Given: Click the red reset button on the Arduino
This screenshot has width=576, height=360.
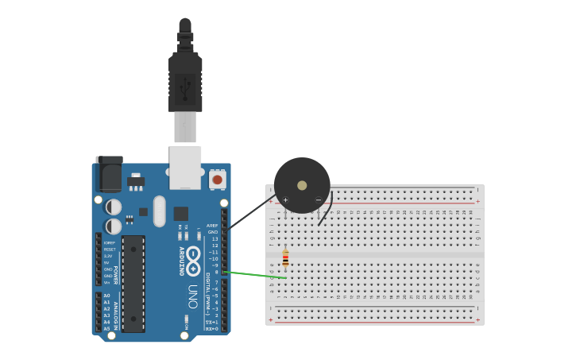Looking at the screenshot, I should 217,180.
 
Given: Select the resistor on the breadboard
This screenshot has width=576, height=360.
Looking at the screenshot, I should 285,258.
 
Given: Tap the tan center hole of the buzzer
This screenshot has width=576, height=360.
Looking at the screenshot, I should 302,185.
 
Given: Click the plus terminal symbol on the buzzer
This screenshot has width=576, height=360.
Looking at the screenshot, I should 285,199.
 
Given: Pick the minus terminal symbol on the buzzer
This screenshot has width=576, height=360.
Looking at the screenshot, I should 319,199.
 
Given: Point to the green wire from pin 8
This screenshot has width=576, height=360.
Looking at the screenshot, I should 256,275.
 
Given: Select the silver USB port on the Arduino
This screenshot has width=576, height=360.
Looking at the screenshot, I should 185,166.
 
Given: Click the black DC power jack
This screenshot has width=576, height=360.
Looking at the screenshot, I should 110,174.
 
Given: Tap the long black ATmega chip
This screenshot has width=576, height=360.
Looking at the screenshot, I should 133,283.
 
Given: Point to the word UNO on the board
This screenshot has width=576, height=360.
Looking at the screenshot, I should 193,296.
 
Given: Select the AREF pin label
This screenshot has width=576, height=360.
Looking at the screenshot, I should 212,226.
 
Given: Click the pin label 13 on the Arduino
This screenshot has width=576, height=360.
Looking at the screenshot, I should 215,238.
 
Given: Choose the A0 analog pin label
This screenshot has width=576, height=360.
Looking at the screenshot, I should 106,296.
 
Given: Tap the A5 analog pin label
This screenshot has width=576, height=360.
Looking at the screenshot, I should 106,328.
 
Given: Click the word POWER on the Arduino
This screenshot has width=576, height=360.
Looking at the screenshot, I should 116,274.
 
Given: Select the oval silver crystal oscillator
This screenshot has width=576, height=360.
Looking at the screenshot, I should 160,211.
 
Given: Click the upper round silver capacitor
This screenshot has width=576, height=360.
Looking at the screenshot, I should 114,207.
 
